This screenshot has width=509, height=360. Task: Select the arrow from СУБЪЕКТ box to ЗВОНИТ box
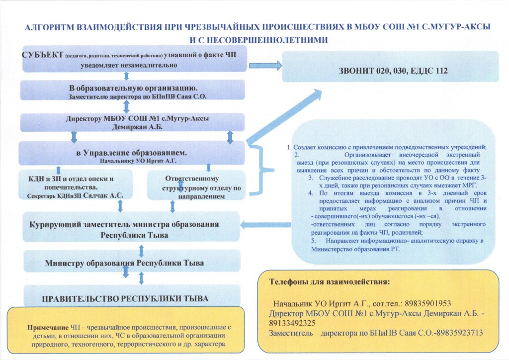coord(264,65)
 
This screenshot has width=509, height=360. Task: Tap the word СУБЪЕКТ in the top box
coord(42,54)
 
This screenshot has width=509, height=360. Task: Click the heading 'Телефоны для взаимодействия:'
coord(330,281)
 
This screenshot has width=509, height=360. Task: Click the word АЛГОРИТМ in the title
coord(52,28)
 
